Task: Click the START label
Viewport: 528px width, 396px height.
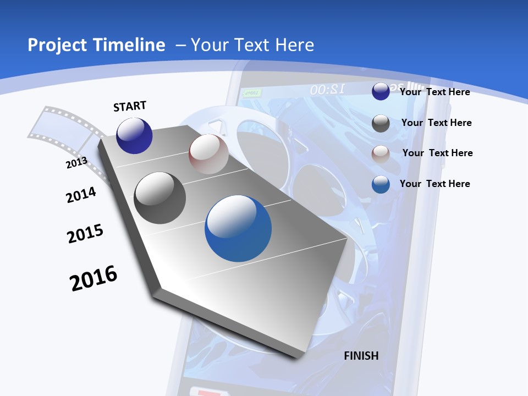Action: [130, 106]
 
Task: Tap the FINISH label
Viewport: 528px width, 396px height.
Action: [361, 356]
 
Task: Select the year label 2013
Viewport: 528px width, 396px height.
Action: [76, 162]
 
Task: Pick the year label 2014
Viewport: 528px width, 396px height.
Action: [81, 195]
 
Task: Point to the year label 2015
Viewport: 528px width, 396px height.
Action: [85, 233]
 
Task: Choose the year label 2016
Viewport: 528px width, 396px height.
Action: [94, 278]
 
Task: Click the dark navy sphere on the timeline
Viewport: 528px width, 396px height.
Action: [134, 135]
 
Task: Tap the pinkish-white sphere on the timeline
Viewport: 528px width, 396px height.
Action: [208, 154]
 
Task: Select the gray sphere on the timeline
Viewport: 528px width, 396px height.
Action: [160, 198]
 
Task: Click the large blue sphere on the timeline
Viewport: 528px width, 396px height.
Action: [238, 228]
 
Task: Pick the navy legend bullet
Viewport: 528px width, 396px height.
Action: [381, 91]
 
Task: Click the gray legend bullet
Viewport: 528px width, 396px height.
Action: [381, 123]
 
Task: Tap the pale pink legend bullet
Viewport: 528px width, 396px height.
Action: [381, 153]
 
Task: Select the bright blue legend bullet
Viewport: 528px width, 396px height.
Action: [381, 184]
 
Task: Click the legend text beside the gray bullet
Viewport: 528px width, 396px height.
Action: [436, 123]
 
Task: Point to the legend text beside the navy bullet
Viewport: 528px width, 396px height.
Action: [435, 92]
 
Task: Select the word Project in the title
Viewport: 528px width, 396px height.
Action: [59, 45]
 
